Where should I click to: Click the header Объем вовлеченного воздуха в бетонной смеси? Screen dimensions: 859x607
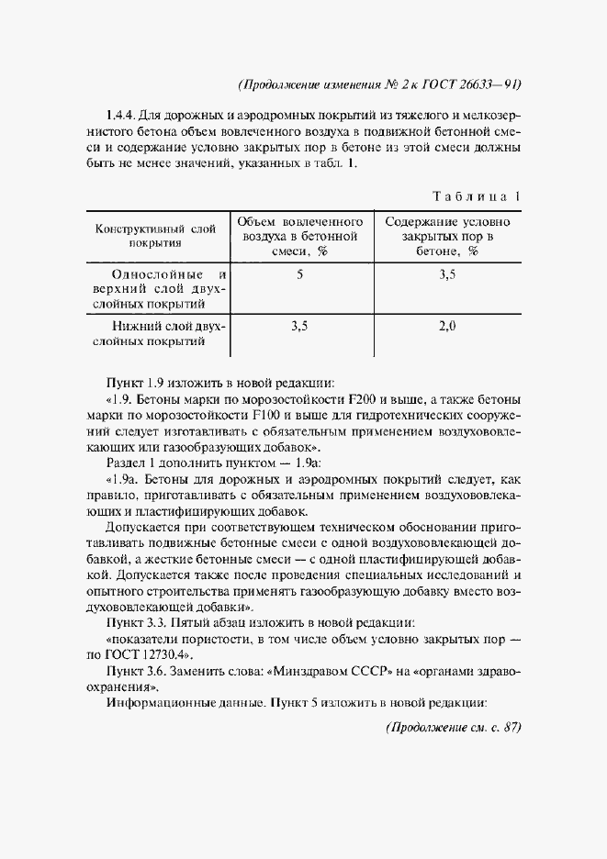coord(300,236)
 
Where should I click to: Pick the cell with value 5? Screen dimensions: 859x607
coord(300,273)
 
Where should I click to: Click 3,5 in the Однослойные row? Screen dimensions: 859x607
coord(447,273)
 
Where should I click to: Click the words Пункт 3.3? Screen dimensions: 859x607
coord(138,623)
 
